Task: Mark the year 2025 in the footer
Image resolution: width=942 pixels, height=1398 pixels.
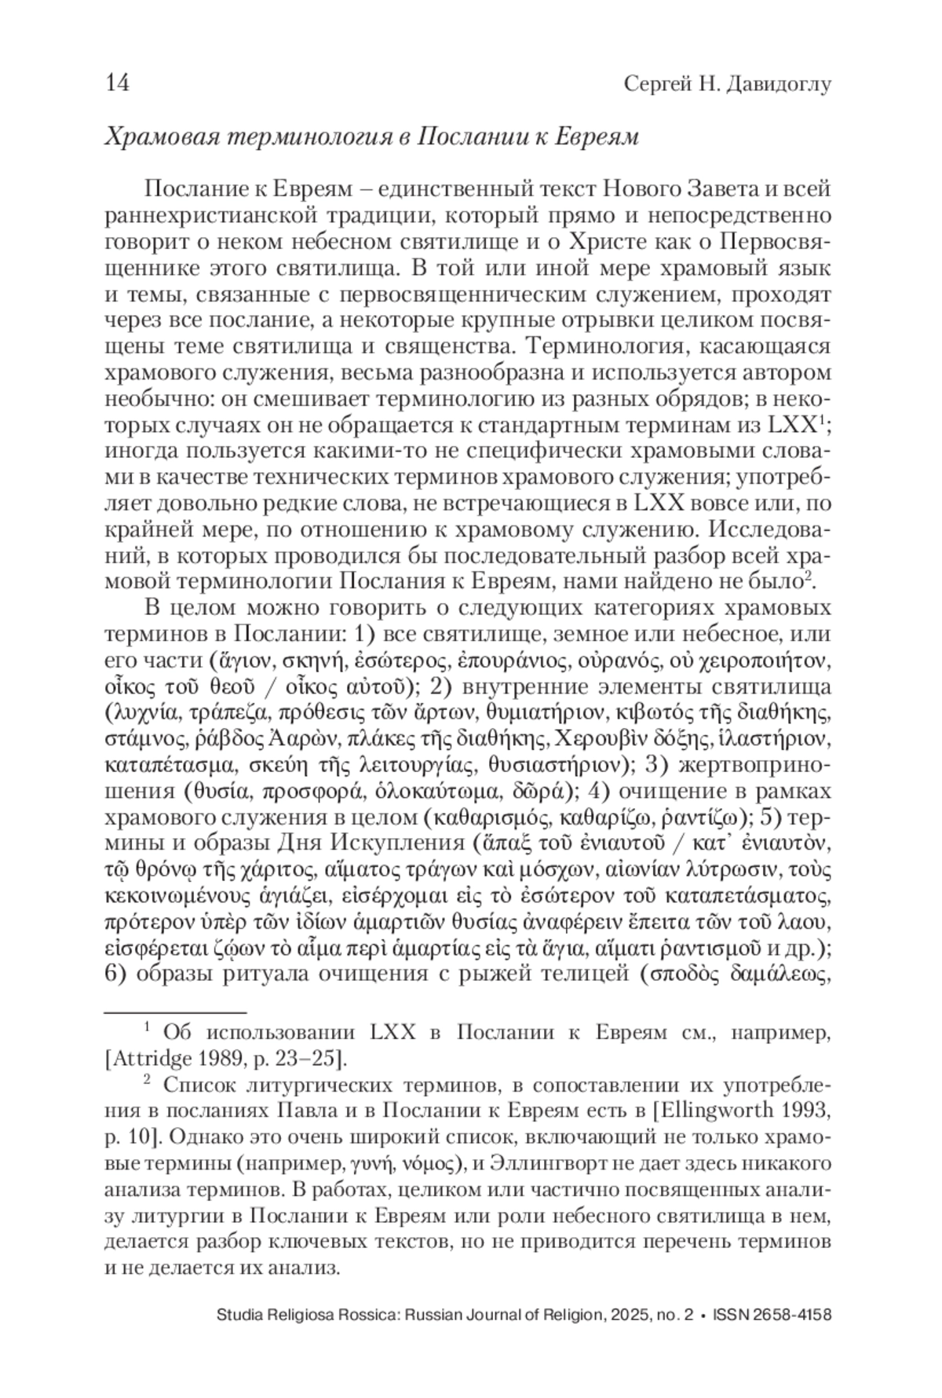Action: pos(622,1316)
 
